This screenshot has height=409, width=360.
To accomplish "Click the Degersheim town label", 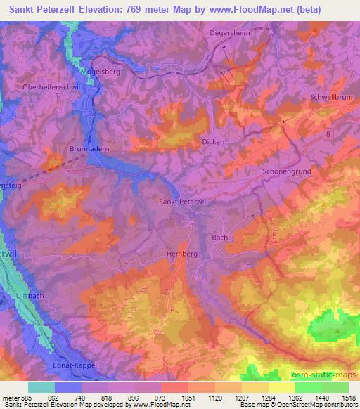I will [x=230, y=32].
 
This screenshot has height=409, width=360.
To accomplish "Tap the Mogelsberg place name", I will [x=96, y=71].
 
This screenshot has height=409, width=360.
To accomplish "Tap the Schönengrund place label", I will [x=286, y=171].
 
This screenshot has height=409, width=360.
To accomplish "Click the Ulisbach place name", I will [x=30, y=296].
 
